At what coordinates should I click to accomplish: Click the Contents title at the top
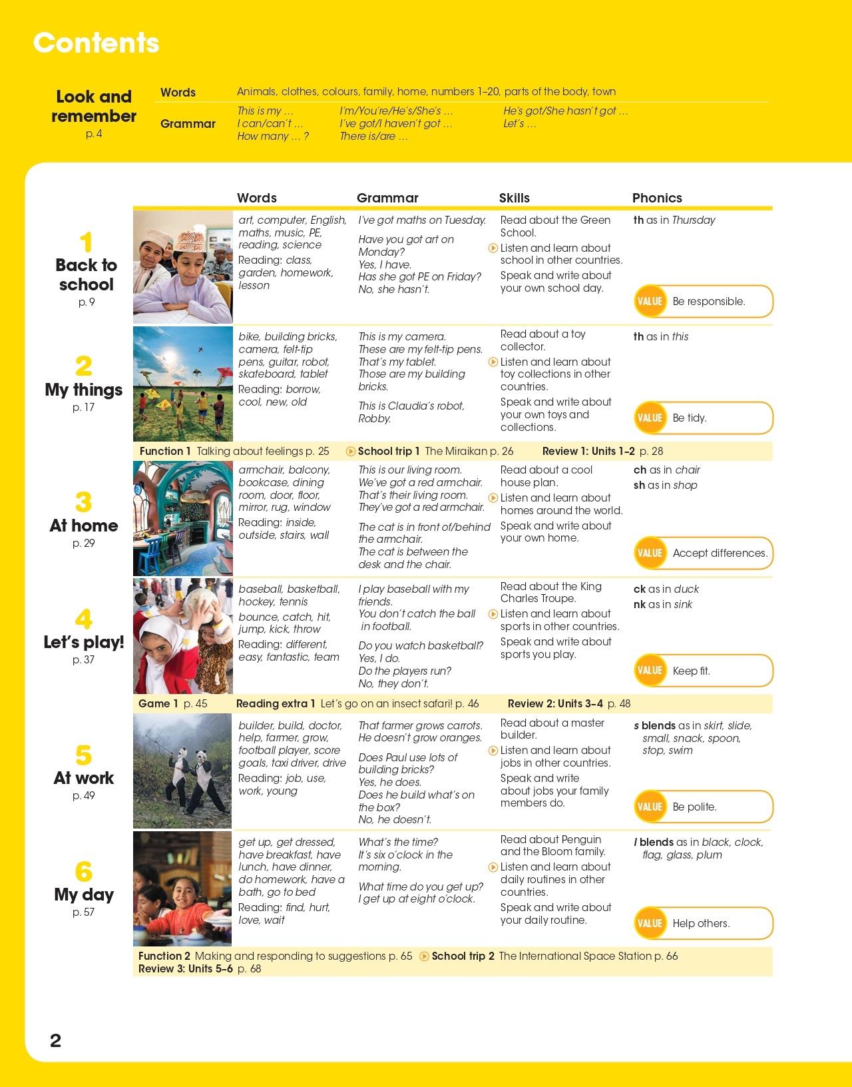(x=97, y=43)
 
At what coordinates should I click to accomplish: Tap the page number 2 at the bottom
(x=56, y=1040)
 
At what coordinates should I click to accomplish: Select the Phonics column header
(x=656, y=198)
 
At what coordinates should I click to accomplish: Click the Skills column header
(x=514, y=198)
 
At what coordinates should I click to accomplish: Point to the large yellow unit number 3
(x=83, y=502)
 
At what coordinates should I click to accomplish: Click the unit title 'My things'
(x=84, y=390)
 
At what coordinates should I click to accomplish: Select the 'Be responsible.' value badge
(x=704, y=301)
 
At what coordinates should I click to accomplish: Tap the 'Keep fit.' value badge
(x=704, y=671)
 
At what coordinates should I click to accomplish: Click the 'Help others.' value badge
(x=704, y=923)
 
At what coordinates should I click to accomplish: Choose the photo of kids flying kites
(x=183, y=383)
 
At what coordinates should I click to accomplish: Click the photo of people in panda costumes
(x=183, y=771)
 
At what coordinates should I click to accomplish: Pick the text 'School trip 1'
(x=389, y=451)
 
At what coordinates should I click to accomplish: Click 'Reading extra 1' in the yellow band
(x=276, y=703)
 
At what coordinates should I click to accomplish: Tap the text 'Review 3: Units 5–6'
(x=186, y=968)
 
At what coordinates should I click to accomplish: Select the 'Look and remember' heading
(x=94, y=107)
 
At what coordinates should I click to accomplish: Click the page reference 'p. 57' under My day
(x=83, y=912)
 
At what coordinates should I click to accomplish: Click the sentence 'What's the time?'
(x=398, y=842)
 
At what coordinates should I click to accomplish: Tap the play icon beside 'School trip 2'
(x=425, y=956)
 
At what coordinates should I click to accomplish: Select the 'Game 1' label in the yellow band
(x=158, y=703)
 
